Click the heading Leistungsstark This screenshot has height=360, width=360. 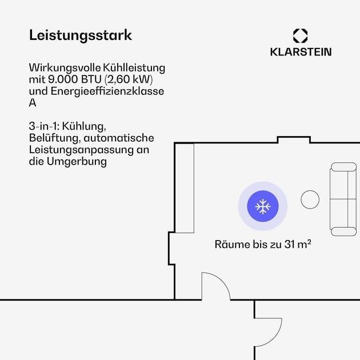[81, 35]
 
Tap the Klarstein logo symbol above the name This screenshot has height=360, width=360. [301, 35]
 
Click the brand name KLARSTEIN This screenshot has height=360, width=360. [301, 52]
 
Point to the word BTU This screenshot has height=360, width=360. [91, 79]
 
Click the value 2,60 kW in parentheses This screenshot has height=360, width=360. [129, 79]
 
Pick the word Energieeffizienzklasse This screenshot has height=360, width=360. [107, 91]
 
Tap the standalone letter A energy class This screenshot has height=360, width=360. [33, 103]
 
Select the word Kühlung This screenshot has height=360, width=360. [84, 126]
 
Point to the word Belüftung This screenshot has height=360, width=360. [55, 138]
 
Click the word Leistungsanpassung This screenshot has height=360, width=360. [81, 150]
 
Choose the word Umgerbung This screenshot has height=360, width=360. [77, 162]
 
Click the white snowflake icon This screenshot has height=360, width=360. [263, 206]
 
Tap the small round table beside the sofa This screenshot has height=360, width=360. [310, 199]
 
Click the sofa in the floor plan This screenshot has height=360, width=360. [343, 199]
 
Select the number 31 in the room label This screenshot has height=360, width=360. [290, 245]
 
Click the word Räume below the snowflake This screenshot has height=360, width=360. [232, 245]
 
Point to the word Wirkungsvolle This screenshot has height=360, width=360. [65, 68]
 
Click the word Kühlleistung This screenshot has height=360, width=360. [134, 68]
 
